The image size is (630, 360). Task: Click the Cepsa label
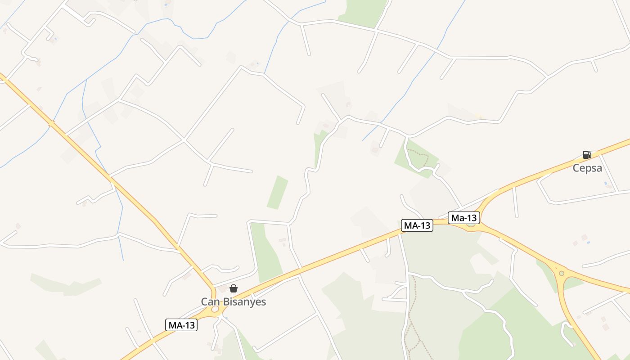pyautogui.click(x=587, y=168)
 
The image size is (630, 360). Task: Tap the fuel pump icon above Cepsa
pyautogui.click(x=587, y=155)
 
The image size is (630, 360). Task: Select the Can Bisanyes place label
pyautogui.click(x=233, y=301)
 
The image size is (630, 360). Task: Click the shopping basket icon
pyautogui.click(x=234, y=288)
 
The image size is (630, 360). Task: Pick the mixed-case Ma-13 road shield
pyautogui.click(x=464, y=218)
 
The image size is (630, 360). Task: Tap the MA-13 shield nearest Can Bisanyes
pyautogui.click(x=181, y=325)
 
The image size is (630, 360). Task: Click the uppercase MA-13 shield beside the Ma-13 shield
pyautogui.click(x=417, y=225)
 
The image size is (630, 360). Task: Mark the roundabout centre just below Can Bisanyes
pyautogui.click(x=215, y=310)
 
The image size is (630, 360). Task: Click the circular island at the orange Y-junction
pyautogui.click(x=561, y=273)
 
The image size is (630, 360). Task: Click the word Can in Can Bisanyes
pyautogui.click(x=210, y=301)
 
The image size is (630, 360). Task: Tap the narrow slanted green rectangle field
pyautogui.click(x=277, y=192)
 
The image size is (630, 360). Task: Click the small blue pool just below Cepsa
pyautogui.click(x=606, y=184)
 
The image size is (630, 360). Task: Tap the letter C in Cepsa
pyautogui.click(x=576, y=168)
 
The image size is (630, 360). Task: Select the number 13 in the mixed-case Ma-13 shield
pyautogui.click(x=471, y=218)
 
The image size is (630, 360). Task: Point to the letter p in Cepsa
pyautogui.click(x=588, y=169)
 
